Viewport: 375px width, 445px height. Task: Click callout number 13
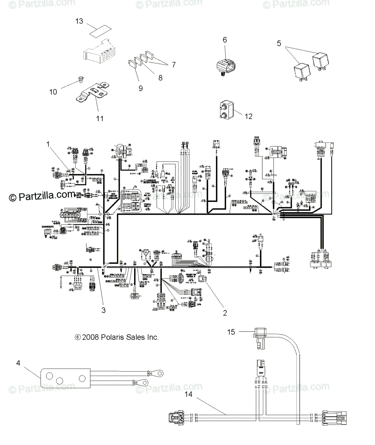click(x=79, y=21)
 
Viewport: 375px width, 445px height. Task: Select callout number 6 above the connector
click(x=225, y=40)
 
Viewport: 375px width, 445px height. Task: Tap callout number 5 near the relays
click(x=279, y=43)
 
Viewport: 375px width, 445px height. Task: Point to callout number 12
click(x=248, y=116)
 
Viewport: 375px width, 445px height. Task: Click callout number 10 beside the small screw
click(x=53, y=91)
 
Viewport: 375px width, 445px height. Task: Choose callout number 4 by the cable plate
click(x=18, y=363)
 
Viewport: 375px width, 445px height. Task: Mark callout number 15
click(x=231, y=332)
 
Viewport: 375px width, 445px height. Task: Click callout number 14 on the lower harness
click(x=189, y=395)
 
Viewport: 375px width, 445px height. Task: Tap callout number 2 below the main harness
click(x=225, y=313)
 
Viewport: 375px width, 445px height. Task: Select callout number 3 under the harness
click(x=103, y=310)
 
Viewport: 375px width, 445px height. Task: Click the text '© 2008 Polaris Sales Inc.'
click(x=117, y=337)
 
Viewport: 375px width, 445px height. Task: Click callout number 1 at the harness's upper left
click(x=47, y=143)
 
